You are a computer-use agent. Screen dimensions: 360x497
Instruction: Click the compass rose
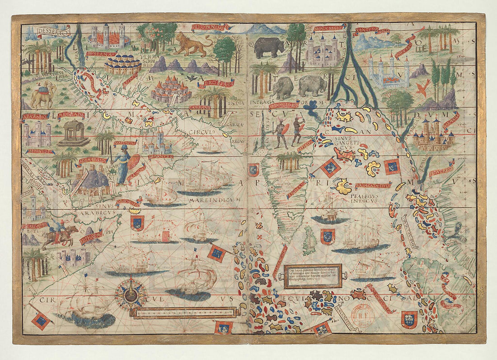130,294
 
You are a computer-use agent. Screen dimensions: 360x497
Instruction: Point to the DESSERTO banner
54,32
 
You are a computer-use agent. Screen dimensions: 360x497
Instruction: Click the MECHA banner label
71,115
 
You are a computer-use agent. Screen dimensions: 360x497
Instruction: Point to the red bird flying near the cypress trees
423,88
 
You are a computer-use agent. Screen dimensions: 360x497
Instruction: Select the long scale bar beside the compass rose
185,312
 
